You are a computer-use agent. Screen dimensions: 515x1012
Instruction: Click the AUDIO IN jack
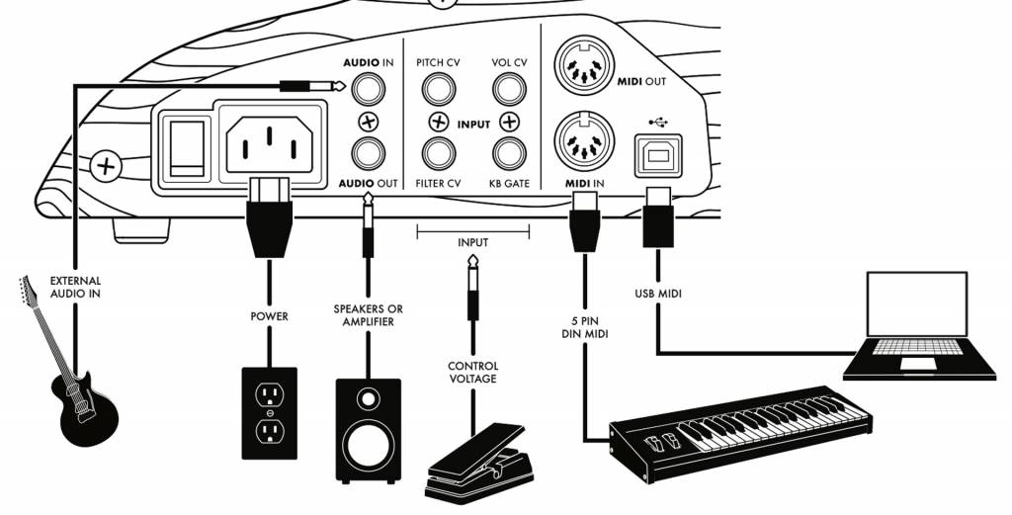click(x=368, y=92)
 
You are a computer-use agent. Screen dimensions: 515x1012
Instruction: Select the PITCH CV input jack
click(x=438, y=91)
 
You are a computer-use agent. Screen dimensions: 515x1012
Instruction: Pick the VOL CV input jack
click(x=508, y=91)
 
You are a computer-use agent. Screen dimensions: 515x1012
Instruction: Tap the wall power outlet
click(x=269, y=412)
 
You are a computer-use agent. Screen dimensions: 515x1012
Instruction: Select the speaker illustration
click(x=368, y=421)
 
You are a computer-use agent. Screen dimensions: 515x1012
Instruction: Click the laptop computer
click(x=919, y=326)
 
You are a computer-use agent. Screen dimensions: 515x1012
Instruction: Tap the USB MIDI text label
click(x=657, y=294)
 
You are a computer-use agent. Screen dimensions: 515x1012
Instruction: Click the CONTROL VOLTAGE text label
click(x=474, y=372)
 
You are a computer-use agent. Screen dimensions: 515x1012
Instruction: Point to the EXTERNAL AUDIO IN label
click(x=75, y=288)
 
